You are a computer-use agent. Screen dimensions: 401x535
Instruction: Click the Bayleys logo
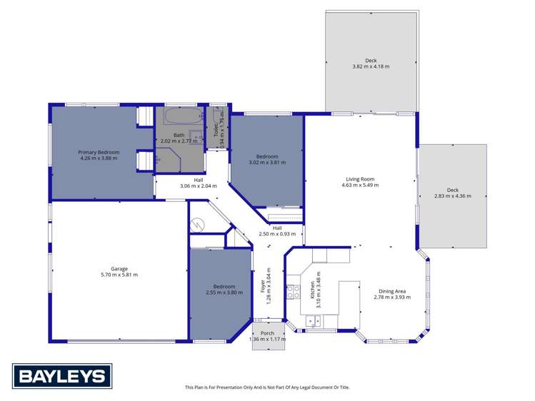[61, 376]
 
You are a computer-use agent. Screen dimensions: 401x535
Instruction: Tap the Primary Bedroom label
[99, 153]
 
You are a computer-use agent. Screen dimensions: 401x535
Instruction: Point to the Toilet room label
[216, 130]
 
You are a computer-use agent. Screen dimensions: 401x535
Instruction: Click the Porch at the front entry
[268, 335]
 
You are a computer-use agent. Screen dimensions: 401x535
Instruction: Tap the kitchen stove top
[292, 291]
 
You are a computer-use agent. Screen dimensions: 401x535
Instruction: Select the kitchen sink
[314, 322]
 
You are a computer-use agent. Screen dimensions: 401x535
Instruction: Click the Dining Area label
[392, 291]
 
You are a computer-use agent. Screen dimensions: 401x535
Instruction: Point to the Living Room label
[360, 179]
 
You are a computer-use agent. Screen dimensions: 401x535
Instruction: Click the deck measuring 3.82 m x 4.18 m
[370, 64]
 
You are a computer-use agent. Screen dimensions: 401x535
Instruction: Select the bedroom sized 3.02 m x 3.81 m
[267, 158]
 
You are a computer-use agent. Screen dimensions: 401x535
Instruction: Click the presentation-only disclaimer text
[267, 387]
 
